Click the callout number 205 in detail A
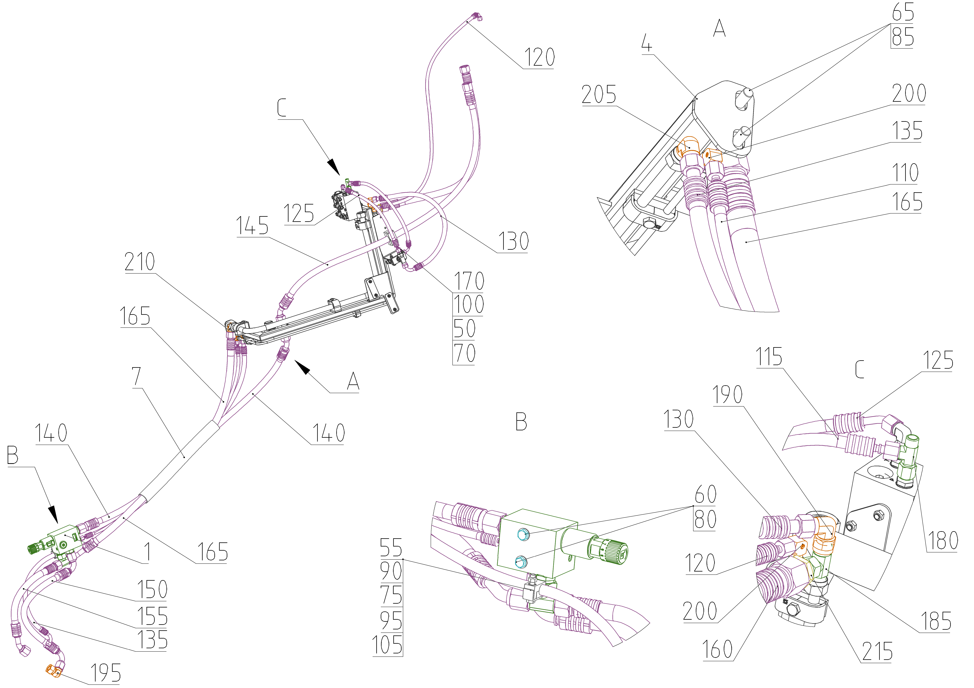point(599,94)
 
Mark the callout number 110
point(905,173)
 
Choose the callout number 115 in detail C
point(769,357)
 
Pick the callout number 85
point(902,37)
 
